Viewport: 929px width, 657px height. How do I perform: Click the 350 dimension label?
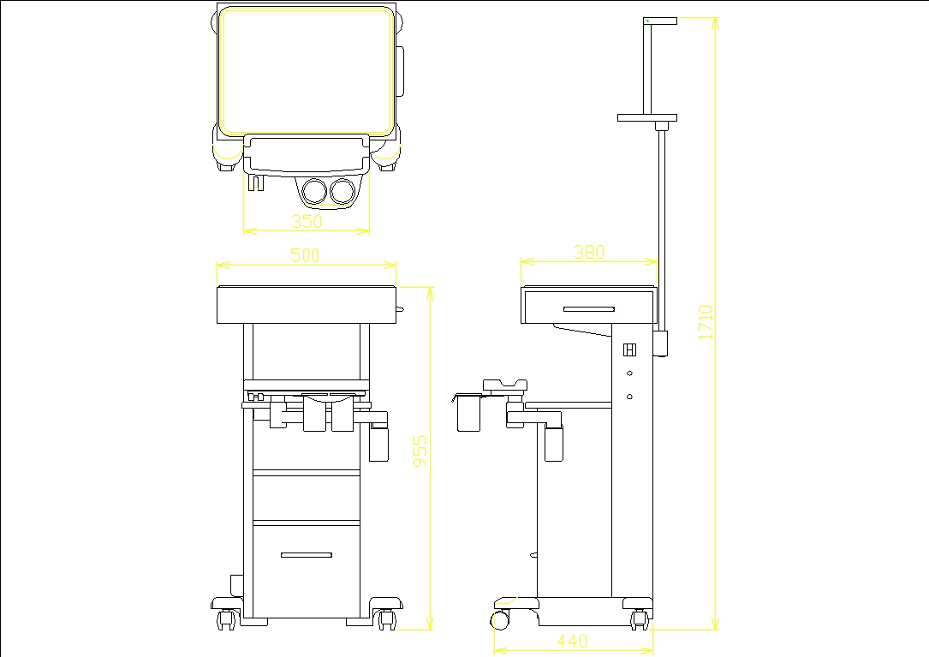307,221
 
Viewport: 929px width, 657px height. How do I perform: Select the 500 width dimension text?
305,255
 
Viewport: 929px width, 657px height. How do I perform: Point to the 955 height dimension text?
420,451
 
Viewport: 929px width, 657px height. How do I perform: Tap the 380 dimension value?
589,252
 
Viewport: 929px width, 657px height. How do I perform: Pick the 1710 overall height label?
706,322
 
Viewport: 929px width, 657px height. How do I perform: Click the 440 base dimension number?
572,641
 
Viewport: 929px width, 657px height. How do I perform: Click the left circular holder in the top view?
314,191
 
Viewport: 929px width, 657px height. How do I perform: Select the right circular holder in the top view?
343,191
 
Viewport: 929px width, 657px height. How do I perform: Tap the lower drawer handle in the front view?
306,555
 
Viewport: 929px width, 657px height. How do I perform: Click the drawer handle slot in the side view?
588,308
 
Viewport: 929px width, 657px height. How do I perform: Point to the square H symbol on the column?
629,350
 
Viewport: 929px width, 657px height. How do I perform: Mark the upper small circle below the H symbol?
629,373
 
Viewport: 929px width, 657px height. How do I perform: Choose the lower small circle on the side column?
629,396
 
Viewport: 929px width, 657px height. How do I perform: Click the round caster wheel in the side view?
500,619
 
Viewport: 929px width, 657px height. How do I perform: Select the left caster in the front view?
227,618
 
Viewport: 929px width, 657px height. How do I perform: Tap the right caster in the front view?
385,618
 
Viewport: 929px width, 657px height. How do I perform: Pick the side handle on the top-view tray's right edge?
400,70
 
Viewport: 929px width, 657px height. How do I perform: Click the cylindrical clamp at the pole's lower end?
660,342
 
